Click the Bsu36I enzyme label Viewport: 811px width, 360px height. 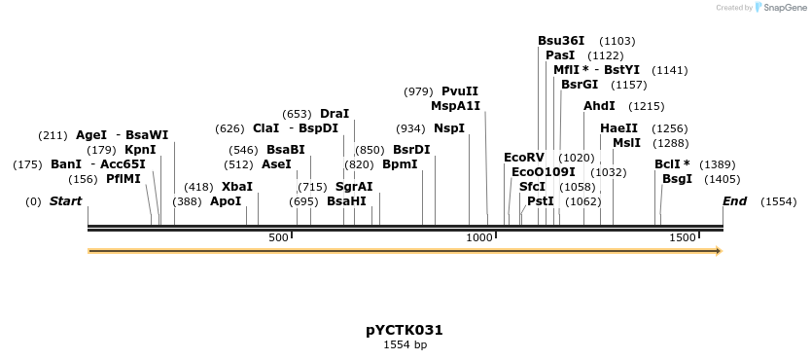(561, 41)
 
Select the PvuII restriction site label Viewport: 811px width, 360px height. (460, 91)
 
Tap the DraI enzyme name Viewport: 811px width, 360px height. (335, 114)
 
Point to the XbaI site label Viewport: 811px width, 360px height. (237, 186)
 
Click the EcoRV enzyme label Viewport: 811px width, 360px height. (524, 158)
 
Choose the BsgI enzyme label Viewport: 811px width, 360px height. (677, 179)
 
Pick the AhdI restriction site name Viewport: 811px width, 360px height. (599, 106)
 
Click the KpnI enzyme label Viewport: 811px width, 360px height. (140, 150)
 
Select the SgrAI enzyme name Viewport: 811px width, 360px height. (354, 186)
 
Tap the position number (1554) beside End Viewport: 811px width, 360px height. (778, 201)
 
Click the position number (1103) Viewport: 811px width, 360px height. (617, 41)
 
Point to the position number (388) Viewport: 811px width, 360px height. (187, 201)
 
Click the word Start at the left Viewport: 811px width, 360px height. (65, 201)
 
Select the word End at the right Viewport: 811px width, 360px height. (735, 201)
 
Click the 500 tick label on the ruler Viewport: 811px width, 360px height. (279, 238)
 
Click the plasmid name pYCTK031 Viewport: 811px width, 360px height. (405, 330)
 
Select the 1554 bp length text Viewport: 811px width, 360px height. (405, 344)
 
